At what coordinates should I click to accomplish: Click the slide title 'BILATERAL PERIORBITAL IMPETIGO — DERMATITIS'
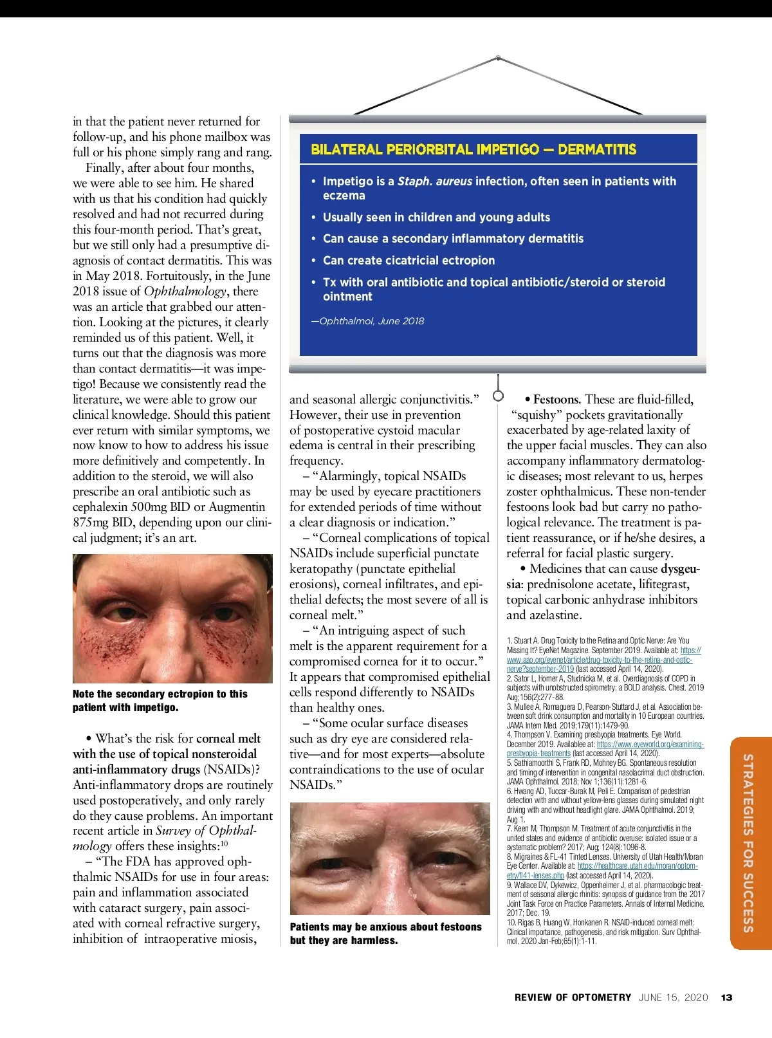473,150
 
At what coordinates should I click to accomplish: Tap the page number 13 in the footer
726,997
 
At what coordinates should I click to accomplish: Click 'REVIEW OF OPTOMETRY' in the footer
573,997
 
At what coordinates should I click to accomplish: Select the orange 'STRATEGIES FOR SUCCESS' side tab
749,842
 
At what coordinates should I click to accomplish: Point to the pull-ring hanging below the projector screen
498,395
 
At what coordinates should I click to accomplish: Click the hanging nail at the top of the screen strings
498,58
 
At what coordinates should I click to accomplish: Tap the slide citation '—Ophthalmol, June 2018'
367,321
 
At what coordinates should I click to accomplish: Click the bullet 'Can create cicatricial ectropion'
409,261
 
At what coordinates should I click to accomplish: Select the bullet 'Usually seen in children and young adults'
436,218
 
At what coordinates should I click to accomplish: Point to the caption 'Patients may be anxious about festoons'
385,927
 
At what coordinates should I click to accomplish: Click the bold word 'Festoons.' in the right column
557,400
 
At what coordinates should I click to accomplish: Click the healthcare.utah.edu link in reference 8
637,866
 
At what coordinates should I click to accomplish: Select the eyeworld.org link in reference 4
650,744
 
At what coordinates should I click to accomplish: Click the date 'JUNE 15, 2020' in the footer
673,997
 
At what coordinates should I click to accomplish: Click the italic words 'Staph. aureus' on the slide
434,181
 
